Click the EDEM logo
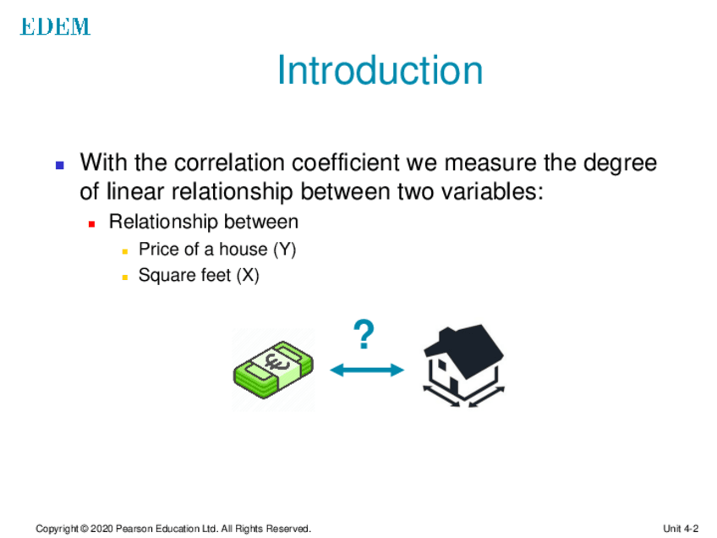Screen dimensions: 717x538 tap(55, 26)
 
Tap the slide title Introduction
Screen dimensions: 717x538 tap(380, 70)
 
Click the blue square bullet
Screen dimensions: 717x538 tap(60, 165)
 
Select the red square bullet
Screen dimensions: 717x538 tap(91, 223)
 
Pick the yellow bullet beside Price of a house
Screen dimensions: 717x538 tap(125, 251)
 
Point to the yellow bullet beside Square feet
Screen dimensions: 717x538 tap(125, 277)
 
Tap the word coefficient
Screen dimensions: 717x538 tap(346, 162)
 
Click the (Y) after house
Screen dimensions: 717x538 tap(284, 250)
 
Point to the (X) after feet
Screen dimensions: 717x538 tap(248, 276)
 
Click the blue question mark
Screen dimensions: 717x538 tap(364, 334)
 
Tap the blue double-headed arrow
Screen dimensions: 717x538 tap(367, 370)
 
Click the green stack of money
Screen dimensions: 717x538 tap(273, 371)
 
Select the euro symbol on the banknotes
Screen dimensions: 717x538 tap(277, 362)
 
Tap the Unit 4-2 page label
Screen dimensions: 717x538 tap(681, 529)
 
